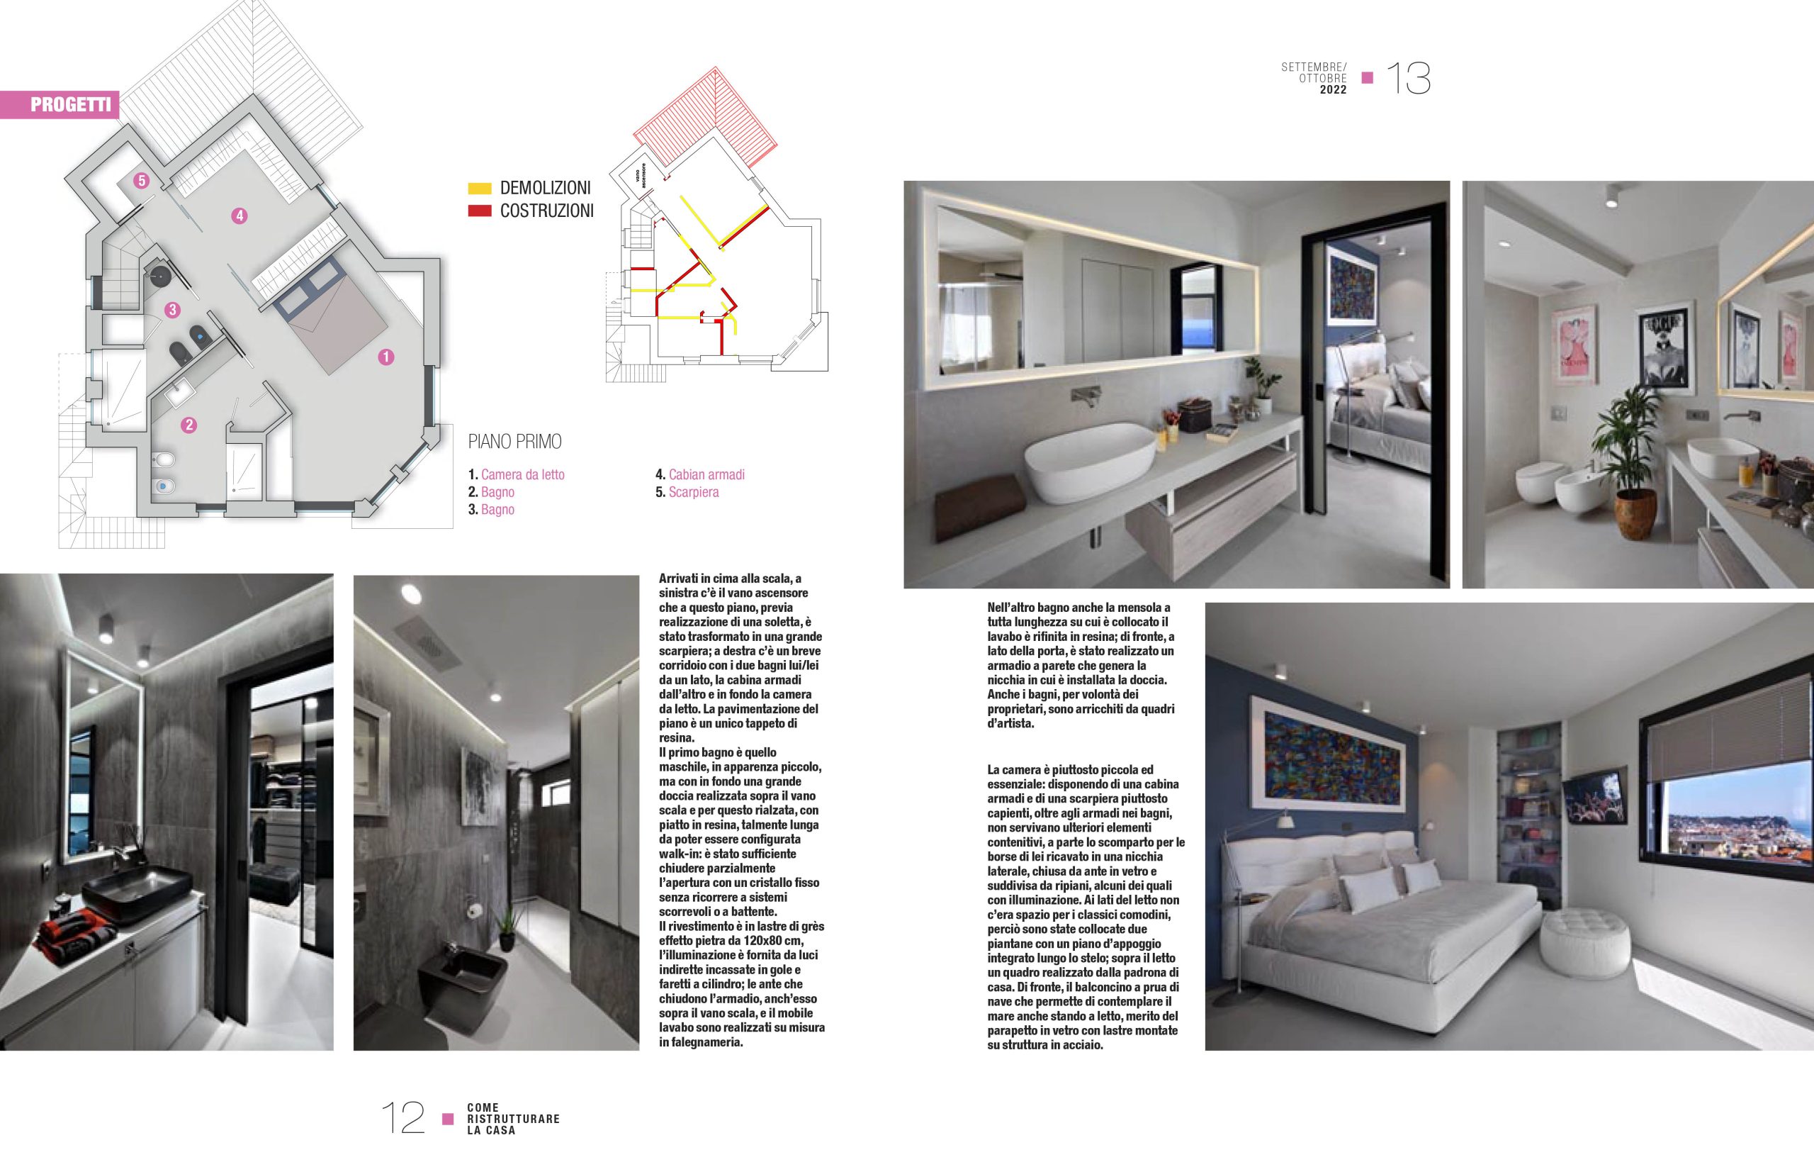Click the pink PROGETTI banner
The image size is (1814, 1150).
pos(60,104)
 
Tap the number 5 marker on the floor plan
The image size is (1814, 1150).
pos(141,180)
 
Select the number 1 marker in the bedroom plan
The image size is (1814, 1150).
pos(385,357)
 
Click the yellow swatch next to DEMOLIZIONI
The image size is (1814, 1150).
pos(480,188)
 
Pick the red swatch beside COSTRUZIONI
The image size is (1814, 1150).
pos(480,211)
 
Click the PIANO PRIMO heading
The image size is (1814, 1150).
pos(514,442)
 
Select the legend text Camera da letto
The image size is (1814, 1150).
pos(522,475)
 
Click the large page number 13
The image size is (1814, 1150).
pos(1408,79)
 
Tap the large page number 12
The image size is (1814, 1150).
pos(403,1117)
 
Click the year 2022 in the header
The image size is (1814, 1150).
pos(1333,89)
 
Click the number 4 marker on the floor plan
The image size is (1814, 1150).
pos(239,216)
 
